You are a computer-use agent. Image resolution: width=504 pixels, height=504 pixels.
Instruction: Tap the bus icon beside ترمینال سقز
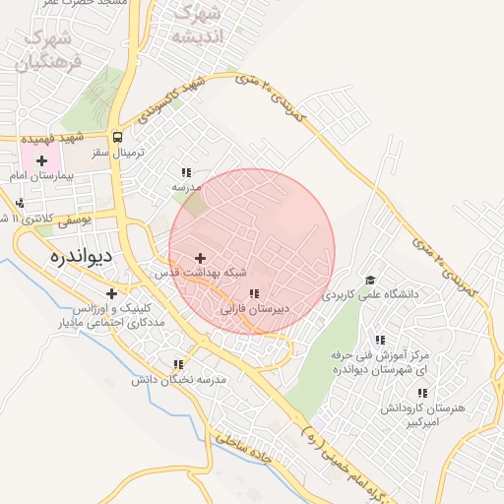coord(118,138)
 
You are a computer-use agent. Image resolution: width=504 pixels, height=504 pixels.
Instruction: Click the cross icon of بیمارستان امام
coord(41,159)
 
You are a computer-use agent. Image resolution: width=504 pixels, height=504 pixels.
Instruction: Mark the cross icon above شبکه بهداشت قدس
coord(201,258)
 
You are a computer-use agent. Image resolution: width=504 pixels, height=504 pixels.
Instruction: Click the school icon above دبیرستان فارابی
coord(254,293)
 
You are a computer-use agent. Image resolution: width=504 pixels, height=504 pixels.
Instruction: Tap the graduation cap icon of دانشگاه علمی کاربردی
coord(369,280)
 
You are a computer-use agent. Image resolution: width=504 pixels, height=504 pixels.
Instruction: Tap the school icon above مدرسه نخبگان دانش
coord(178,364)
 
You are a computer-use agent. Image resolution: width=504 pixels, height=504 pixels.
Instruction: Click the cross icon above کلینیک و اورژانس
coord(111,293)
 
